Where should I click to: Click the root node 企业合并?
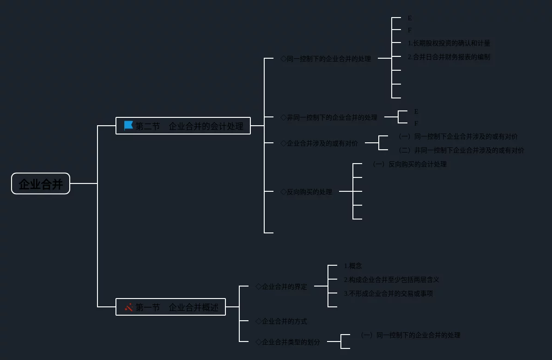pyautogui.click(x=41, y=184)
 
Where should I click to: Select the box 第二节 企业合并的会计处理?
pyautogui.click(x=183, y=126)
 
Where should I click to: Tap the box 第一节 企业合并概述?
pyautogui.click(x=170, y=307)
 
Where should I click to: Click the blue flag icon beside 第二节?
pyautogui.click(x=128, y=125)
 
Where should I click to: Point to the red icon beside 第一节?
pyautogui.click(x=129, y=307)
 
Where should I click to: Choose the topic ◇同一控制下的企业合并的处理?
pyautogui.click(x=326, y=59)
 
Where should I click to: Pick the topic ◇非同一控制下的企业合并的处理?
pyautogui.click(x=329, y=117)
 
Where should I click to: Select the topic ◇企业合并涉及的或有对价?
pyautogui.click(x=319, y=143)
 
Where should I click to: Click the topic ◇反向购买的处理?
pyautogui.click(x=306, y=192)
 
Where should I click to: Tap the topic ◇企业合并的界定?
pyautogui.click(x=281, y=287)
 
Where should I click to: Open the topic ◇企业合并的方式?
pyautogui.click(x=281, y=321)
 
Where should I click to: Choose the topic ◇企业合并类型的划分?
pyautogui.click(x=288, y=342)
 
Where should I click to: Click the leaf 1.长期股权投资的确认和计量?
pyautogui.click(x=449, y=43)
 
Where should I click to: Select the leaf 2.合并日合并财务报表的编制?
pyautogui.click(x=449, y=57)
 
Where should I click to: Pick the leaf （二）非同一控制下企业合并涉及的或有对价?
pyautogui.click(x=461, y=150)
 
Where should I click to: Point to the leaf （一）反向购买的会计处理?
pyautogui.click(x=409, y=164)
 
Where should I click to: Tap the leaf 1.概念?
pyautogui.click(x=353, y=266)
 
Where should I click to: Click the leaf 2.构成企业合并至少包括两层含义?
pyautogui.click(x=391, y=280)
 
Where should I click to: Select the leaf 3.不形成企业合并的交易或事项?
pyautogui.click(x=388, y=293)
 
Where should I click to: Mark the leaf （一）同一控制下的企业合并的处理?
pyautogui.click(x=410, y=335)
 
